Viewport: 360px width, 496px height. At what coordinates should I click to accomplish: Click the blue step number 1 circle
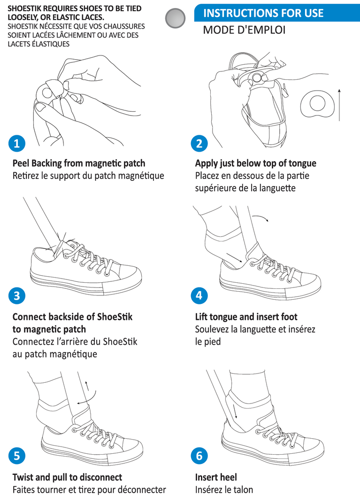coord(17,144)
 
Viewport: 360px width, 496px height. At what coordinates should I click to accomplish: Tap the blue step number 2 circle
coord(199,144)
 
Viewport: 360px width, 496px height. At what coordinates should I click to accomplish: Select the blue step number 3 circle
coord(17,296)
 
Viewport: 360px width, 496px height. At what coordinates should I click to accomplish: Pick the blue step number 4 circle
coord(199,295)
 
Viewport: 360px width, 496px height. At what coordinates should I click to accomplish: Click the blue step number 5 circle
coord(17,456)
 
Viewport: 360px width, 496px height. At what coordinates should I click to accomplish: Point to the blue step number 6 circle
coord(199,456)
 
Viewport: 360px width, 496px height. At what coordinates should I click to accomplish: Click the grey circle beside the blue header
coord(175,18)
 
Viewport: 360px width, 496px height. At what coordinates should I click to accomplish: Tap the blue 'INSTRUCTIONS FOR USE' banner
coord(277,13)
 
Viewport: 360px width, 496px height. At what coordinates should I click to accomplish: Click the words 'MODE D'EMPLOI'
coord(244,30)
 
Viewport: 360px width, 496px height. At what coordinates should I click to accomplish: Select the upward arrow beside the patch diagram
coord(339,105)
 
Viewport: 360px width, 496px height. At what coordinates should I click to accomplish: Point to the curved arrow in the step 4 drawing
coord(261,217)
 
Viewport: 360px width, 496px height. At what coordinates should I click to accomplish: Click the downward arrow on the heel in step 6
coord(235,411)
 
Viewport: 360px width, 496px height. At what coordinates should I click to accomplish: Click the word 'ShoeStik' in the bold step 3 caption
coord(115,317)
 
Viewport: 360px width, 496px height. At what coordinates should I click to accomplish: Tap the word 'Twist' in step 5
coord(23,477)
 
